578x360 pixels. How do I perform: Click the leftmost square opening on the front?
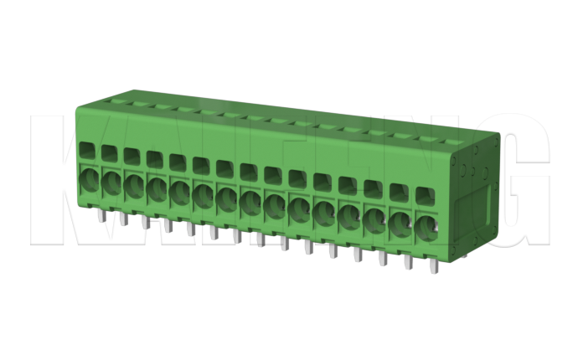pyautogui.click(x=87, y=151)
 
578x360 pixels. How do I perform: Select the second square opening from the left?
pyautogui.click(x=109, y=153)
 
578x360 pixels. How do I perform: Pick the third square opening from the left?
pyautogui.click(x=132, y=156)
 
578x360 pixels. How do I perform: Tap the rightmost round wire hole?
pyautogui.click(x=426, y=227)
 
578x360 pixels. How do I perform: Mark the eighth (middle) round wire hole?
pyautogui.click(x=250, y=201)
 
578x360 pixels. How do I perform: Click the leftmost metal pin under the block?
pyautogui.click(x=100, y=217)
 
